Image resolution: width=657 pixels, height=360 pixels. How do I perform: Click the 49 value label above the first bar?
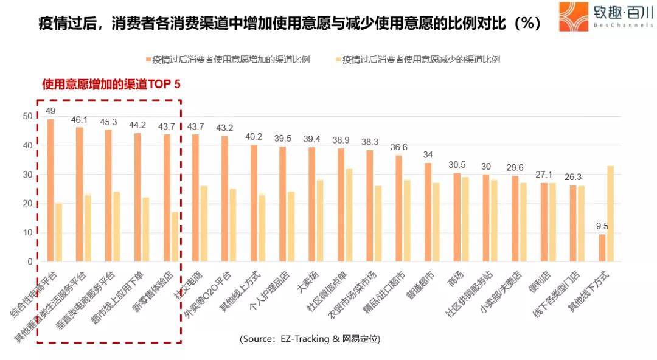[x=50, y=111]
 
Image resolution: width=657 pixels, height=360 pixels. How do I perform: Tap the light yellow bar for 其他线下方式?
[x=610, y=213]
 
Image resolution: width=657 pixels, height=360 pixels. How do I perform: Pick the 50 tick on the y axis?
[x=27, y=116]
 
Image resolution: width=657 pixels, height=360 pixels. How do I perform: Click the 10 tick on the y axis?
[x=27, y=233]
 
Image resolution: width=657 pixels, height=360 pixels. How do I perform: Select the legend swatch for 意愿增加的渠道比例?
[x=148, y=60]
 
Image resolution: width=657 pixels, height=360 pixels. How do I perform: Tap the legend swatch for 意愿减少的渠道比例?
[x=338, y=60]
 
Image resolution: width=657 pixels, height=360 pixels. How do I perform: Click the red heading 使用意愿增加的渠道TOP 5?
[x=111, y=85]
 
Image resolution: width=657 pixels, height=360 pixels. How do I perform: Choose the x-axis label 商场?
[x=454, y=279]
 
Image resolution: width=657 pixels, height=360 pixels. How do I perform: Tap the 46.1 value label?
[x=80, y=120]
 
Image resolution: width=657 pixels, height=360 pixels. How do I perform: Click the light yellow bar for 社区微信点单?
[x=349, y=215]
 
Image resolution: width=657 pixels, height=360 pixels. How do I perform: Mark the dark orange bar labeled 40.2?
[x=254, y=203]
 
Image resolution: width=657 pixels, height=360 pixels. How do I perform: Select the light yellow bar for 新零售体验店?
[x=175, y=237]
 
